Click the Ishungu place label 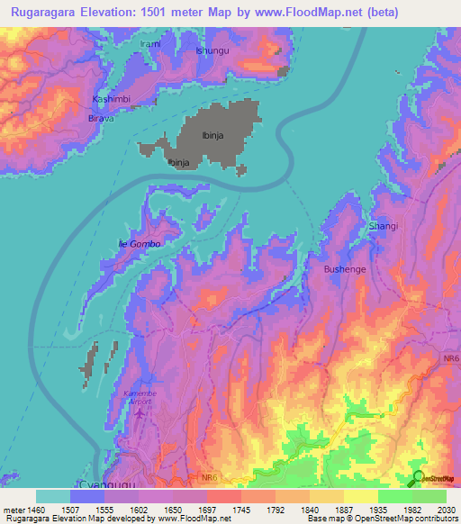[212, 50]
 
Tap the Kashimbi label [113, 99]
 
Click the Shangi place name [383, 226]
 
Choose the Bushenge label [341, 268]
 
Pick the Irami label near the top [149, 43]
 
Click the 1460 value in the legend [36, 509]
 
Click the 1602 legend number [139, 509]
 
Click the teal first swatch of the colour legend [53, 496]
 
